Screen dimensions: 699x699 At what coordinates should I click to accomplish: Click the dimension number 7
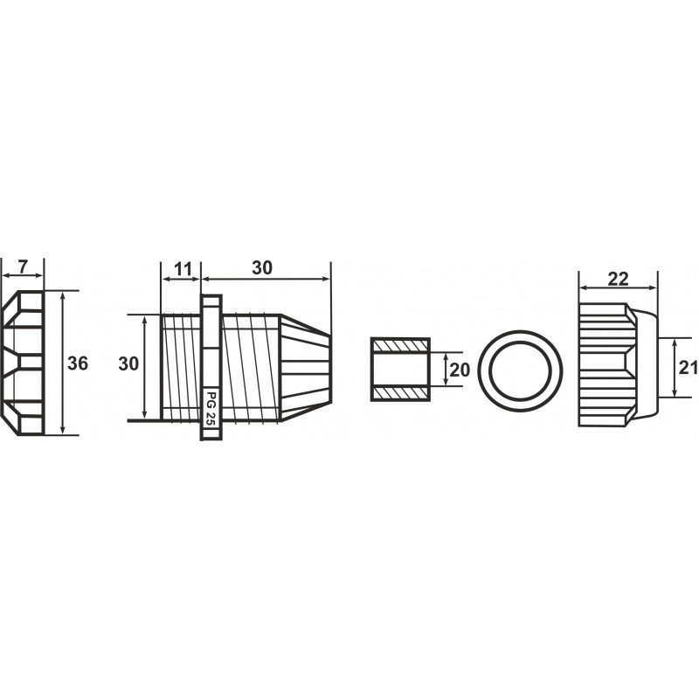click(x=23, y=266)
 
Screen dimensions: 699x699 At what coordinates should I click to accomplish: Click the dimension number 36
click(x=78, y=363)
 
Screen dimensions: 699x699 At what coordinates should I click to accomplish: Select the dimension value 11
click(x=183, y=269)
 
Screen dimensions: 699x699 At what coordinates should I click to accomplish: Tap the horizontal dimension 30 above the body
click(x=262, y=268)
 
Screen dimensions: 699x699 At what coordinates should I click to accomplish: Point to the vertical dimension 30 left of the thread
click(x=128, y=364)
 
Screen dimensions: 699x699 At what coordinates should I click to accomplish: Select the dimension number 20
click(x=460, y=370)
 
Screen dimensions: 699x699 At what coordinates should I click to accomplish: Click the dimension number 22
click(x=619, y=279)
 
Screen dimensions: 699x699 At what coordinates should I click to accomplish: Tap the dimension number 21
click(x=689, y=368)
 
